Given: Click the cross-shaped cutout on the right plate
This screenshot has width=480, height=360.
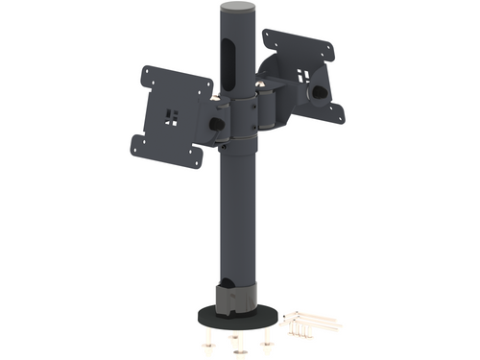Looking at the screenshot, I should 303,75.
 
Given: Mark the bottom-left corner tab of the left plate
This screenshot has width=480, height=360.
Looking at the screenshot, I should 136,144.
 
